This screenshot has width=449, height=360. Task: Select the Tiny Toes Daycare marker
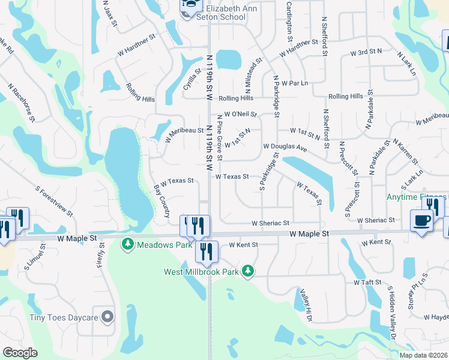click(108, 316)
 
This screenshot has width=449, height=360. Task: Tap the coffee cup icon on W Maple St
click(421, 220)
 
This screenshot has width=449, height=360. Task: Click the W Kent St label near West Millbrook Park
click(243, 245)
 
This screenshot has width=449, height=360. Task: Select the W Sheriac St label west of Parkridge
click(271, 223)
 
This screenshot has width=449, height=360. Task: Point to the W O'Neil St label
click(241, 114)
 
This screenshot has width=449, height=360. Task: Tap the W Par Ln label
click(294, 83)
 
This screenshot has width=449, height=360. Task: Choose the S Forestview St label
click(54, 201)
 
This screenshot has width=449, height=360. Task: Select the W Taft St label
click(367, 282)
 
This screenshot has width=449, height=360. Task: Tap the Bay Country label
click(161, 201)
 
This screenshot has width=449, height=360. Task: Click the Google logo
click(20, 353)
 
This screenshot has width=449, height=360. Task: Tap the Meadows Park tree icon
click(127, 245)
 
